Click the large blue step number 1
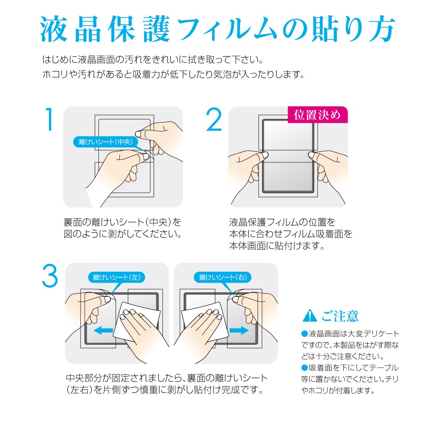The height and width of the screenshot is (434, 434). click(49, 119)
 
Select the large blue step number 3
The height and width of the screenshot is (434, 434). click(50, 276)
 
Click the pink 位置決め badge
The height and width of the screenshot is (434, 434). click(318, 115)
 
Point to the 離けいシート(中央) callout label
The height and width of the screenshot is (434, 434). click(106, 142)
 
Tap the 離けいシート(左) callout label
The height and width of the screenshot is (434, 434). click(116, 277)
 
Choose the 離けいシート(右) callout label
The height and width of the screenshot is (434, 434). click(223, 277)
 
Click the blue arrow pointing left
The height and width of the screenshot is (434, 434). click(103, 330)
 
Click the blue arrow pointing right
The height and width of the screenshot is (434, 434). click(239, 330)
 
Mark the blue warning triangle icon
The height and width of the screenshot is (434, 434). click(310, 316)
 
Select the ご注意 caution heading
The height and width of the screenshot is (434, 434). click(340, 316)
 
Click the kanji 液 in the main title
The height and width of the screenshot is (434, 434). click(54, 29)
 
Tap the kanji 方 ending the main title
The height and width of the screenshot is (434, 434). click(381, 29)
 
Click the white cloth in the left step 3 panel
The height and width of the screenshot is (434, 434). click(137, 321)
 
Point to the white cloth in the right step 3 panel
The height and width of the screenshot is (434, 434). click(205, 321)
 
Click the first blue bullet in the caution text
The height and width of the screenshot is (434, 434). click(305, 334)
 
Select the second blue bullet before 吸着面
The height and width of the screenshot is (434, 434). click(305, 368)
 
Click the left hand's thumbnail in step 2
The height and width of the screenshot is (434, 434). click(265, 155)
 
